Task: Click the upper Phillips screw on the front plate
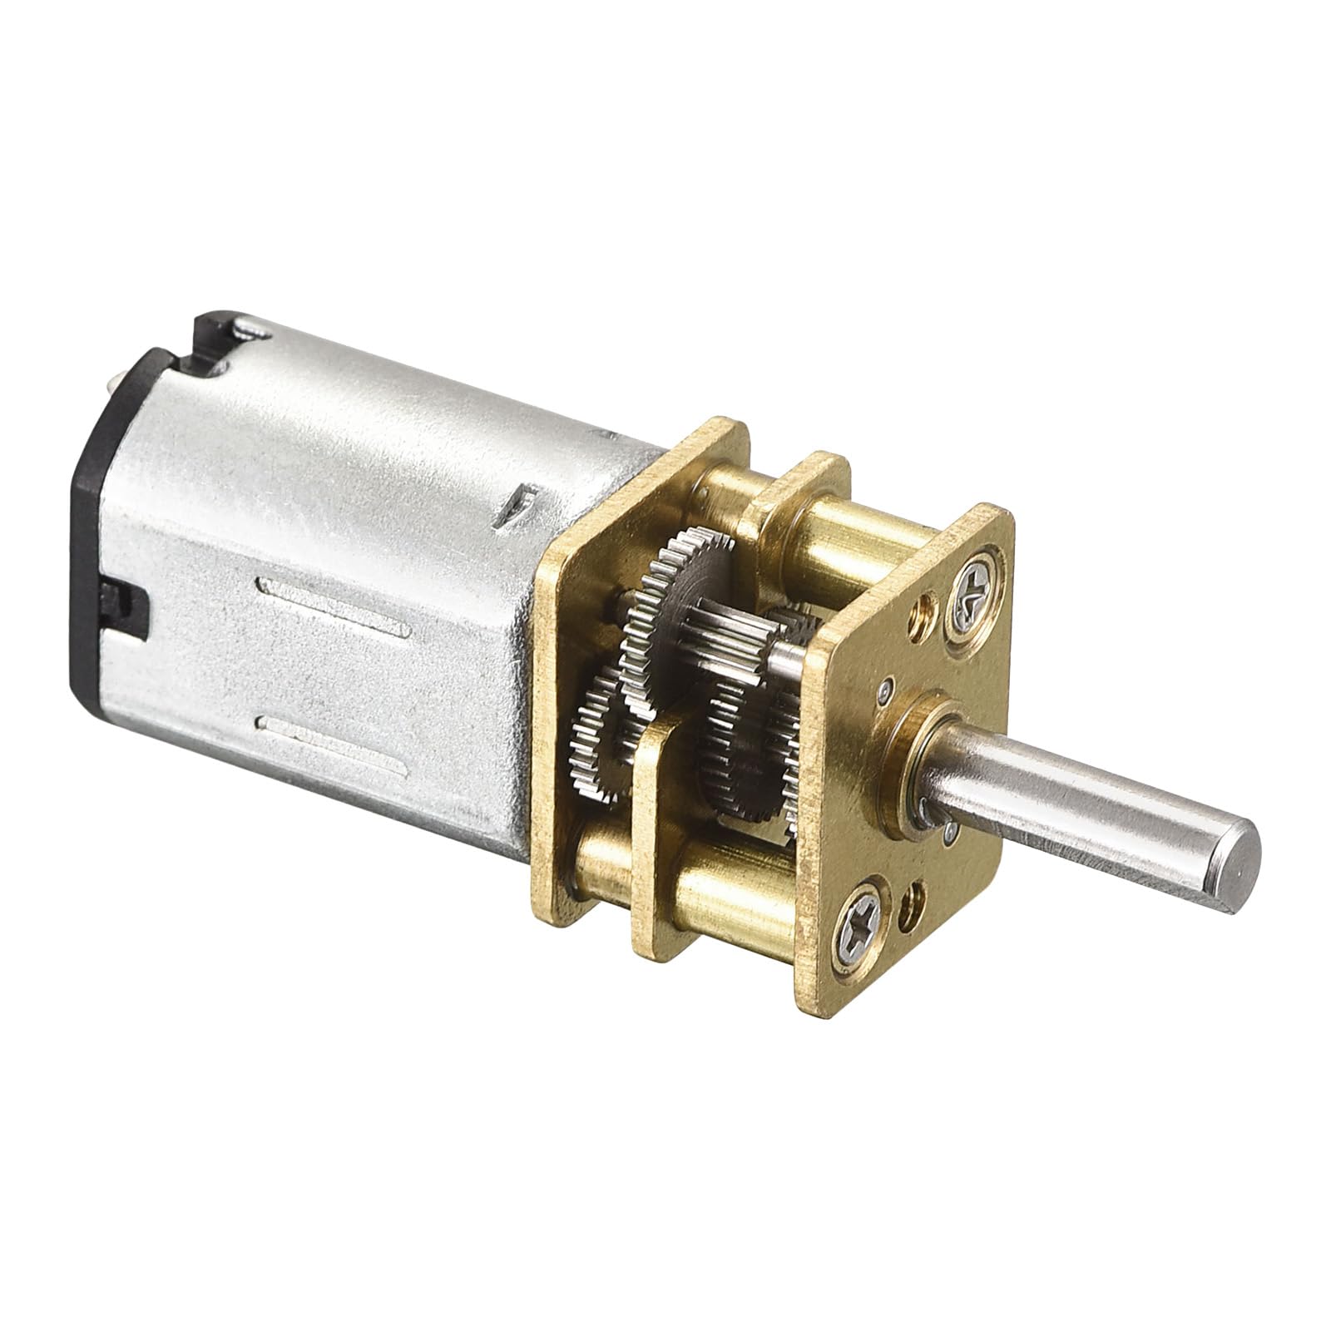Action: pyautogui.click(x=972, y=593)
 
